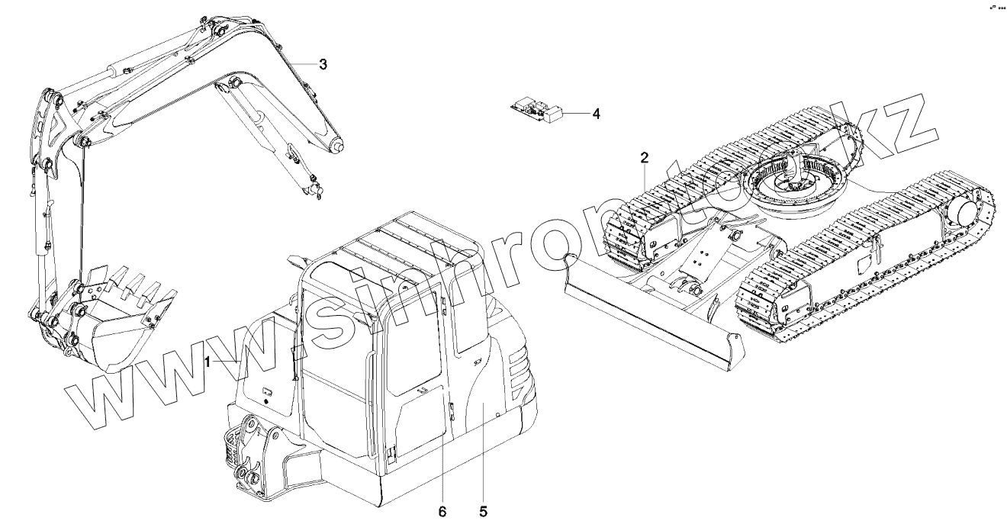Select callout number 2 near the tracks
(x=645, y=158)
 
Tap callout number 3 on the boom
(x=323, y=65)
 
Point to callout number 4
(x=596, y=114)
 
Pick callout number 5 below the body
(x=482, y=509)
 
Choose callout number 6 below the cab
(x=442, y=509)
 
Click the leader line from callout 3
(x=301, y=65)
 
